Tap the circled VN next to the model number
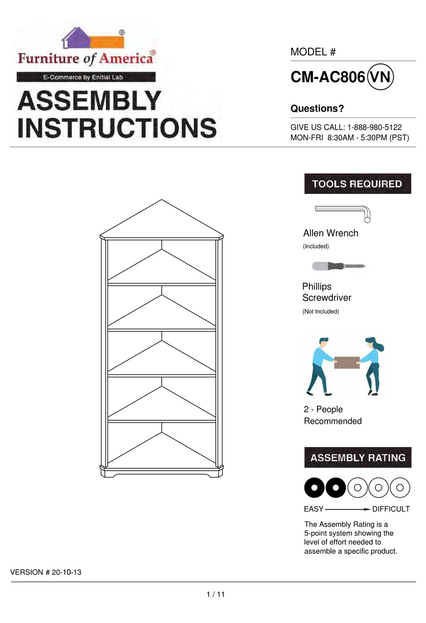coord(380,77)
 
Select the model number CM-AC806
coord(328,77)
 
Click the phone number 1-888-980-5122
coord(374,127)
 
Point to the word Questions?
coord(317,109)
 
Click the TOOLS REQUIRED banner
coord(357,184)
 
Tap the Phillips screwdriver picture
coord(339,266)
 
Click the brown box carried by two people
coord(347,362)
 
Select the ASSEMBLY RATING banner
coord(357,458)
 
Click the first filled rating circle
coord(314,488)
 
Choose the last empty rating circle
coord(400,488)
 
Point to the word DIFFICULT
coord(391,509)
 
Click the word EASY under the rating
coord(313,509)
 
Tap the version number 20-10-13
coord(66,572)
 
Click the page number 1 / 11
coord(216,594)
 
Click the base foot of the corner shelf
coord(161,472)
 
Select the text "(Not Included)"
coord(321,312)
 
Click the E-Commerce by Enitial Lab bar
coord(86,77)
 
